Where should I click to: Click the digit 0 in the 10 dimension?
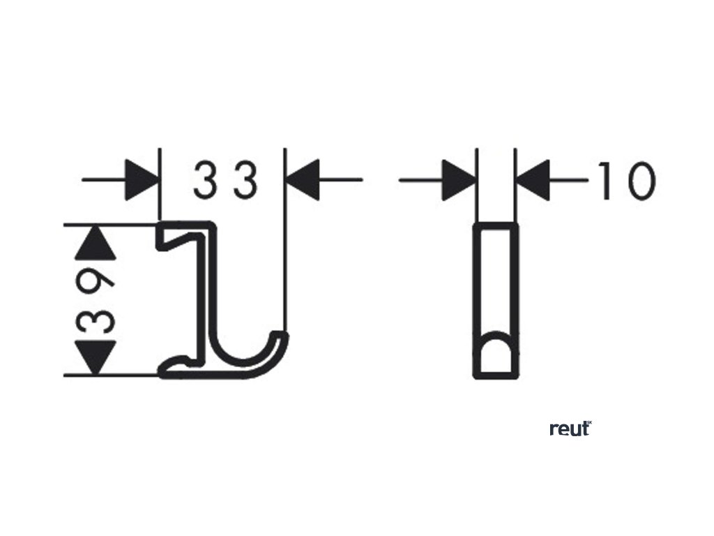[640, 180]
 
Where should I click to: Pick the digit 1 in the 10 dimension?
[607, 180]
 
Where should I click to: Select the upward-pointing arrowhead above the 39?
[95, 241]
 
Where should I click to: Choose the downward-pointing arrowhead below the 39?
[95, 357]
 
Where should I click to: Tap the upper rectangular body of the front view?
[496, 279]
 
